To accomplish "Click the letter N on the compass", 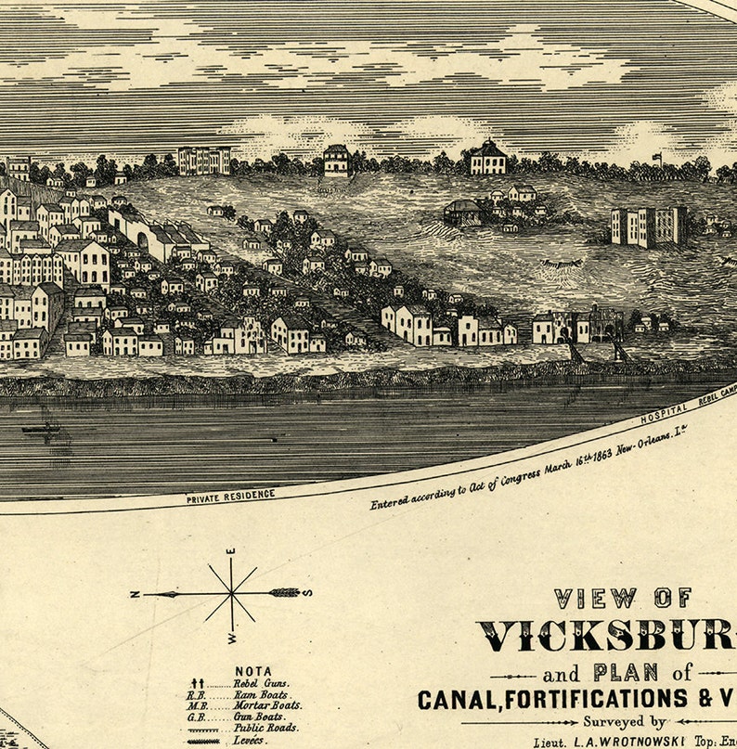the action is point(136,594).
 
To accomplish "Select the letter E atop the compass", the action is point(231,554).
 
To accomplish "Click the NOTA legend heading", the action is point(252,670).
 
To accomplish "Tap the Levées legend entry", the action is point(251,741).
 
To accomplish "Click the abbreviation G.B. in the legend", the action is point(197,717).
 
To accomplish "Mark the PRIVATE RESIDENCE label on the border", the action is point(230,497).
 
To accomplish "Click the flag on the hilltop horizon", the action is point(658,156).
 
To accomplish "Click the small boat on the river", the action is point(39,429).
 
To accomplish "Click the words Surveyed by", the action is point(624,721).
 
